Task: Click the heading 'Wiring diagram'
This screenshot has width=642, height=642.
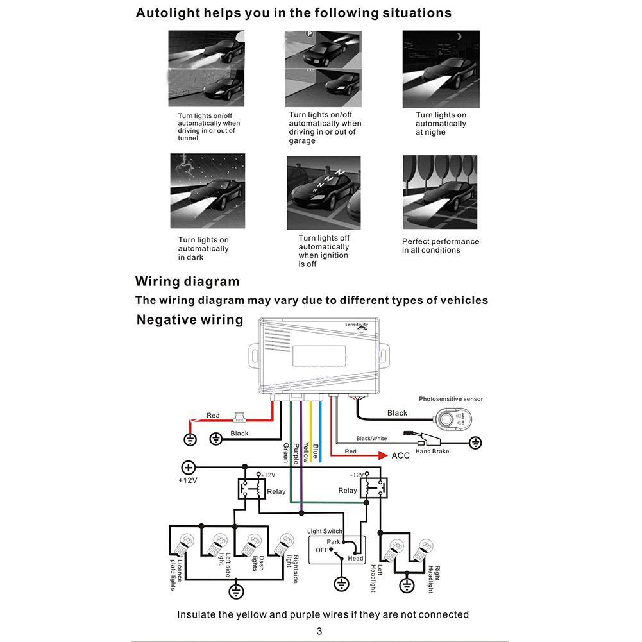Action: pyautogui.click(x=187, y=282)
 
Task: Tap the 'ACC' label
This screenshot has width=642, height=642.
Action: pyautogui.click(x=400, y=456)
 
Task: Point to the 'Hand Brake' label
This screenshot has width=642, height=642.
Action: pyautogui.click(x=432, y=452)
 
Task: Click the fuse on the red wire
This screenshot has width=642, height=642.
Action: pyautogui.click(x=241, y=419)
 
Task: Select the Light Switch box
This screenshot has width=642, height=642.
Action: pyautogui.click(x=337, y=550)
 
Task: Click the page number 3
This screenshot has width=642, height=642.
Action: pyautogui.click(x=319, y=631)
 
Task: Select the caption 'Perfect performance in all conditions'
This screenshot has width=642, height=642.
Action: pyautogui.click(x=441, y=246)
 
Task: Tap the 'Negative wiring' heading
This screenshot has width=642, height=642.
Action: pyautogui.click(x=190, y=319)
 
